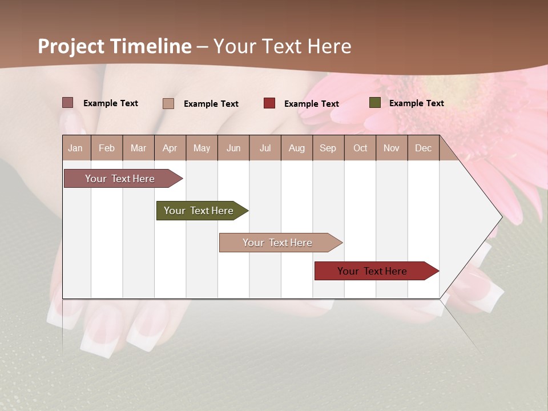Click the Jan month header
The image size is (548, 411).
point(75,148)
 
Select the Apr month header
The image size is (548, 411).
point(170,148)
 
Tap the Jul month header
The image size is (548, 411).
point(265,148)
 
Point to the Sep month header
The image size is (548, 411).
point(328,148)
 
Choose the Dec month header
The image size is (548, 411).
point(423,148)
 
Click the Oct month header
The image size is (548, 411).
point(360,148)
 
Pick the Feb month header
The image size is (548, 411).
point(107,148)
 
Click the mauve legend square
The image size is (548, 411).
point(68,103)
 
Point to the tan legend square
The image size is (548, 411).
point(168,103)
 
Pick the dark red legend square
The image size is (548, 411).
point(269,103)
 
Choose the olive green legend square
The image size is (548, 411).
point(375,103)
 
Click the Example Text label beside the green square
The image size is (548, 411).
point(416,103)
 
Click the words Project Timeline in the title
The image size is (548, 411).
point(114,46)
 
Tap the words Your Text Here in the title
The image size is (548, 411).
point(283,46)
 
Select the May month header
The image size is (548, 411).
point(202,148)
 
